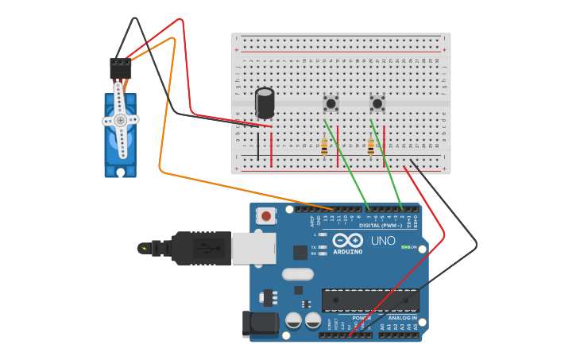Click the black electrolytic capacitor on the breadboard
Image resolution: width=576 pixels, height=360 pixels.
(265, 103)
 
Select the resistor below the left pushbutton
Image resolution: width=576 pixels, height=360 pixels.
(324, 146)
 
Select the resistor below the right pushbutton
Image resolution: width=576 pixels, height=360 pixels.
(370, 146)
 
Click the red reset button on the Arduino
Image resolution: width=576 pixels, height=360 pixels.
(266, 215)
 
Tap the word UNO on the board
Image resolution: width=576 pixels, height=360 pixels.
(383, 241)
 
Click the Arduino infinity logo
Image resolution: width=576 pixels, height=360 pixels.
(348, 240)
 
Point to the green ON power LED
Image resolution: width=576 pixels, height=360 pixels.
(404, 247)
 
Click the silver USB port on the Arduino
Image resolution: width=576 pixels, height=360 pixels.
(253, 248)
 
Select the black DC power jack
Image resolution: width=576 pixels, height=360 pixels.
(261, 323)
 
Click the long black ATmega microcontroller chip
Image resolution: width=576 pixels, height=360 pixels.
(370, 300)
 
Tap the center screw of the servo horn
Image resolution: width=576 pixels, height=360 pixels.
(120, 120)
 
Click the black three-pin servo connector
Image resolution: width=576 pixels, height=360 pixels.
(120, 68)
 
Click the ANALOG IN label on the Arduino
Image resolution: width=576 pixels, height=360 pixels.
(402, 318)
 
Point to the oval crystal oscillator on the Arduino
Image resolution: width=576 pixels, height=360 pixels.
(298, 274)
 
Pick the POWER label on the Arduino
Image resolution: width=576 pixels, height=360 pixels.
(361, 318)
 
